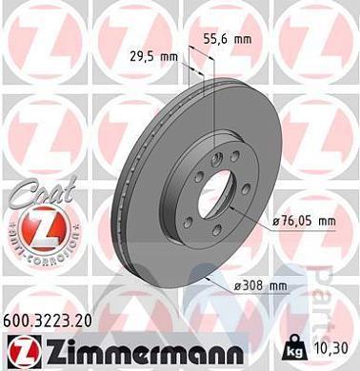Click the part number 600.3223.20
(54, 322)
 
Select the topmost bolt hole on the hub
(221, 157)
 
